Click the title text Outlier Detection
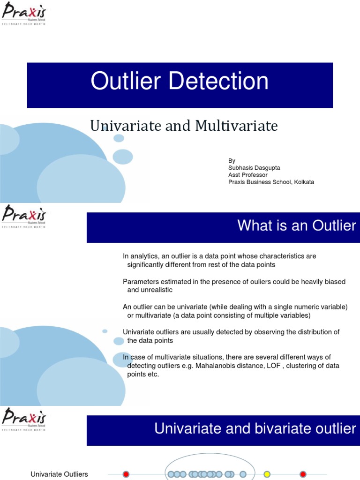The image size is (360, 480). (x=180, y=81)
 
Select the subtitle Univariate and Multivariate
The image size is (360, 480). (x=184, y=126)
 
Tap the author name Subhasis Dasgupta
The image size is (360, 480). (x=254, y=168)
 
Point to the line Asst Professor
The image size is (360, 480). (x=247, y=175)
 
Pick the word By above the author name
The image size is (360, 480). (x=232, y=161)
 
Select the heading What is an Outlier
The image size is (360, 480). (x=296, y=226)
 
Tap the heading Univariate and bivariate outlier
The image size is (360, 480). (x=255, y=428)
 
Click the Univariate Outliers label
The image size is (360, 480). (x=59, y=474)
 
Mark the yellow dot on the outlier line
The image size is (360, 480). (x=267, y=474)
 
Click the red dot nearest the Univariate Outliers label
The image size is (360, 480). (x=126, y=474)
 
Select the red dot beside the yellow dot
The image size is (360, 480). (x=303, y=474)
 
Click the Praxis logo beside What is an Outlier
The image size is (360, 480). (x=24, y=216)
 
